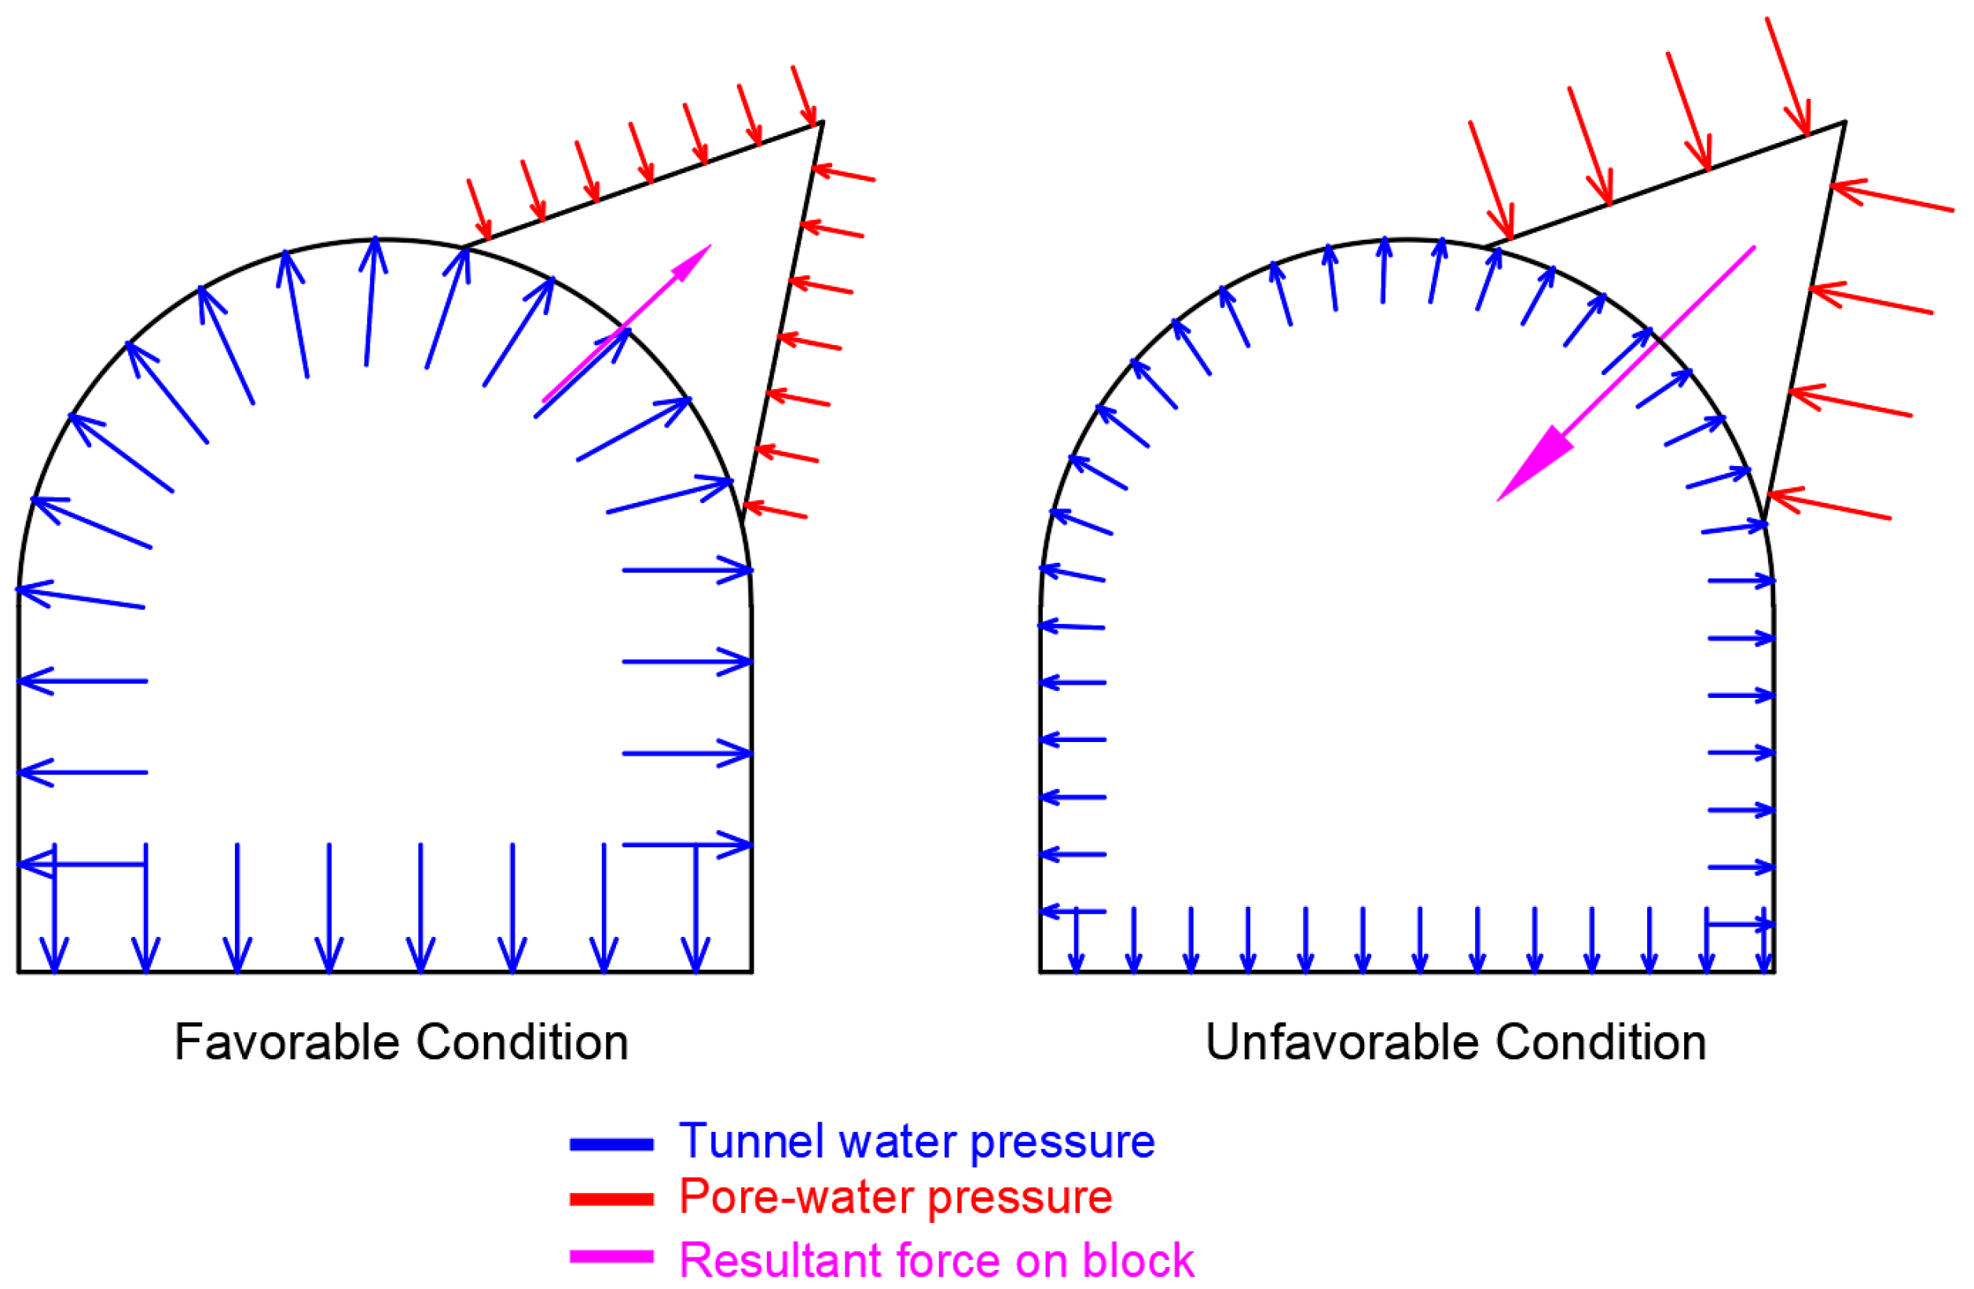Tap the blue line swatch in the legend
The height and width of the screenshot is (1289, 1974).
(x=611, y=1144)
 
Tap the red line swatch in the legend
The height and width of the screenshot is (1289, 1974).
(x=611, y=1200)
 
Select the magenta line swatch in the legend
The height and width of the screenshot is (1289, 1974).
(x=611, y=1257)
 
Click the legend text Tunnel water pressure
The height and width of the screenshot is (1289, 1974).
(x=916, y=1143)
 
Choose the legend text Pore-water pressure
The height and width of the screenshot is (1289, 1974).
(x=896, y=1198)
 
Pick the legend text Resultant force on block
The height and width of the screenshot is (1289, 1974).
(x=937, y=1261)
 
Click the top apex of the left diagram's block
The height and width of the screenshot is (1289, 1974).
(x=822, y=123)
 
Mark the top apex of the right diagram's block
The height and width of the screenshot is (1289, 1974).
(x=1844, y=123)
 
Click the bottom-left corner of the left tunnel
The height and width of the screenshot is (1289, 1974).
(x=19, y=971)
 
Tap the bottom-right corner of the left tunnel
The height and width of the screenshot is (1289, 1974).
(x=751, y=971)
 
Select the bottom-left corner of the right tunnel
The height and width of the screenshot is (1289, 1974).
(x=1041, y=971)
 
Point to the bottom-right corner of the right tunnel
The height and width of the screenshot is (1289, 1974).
(x=1774, y=971)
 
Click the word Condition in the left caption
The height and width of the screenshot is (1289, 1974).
(x=522, y=1043)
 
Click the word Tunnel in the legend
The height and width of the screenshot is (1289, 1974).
(x=751, y=1143)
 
